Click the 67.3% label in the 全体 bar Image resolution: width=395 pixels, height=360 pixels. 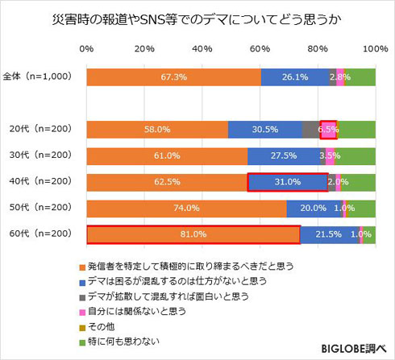(x=173, y=77)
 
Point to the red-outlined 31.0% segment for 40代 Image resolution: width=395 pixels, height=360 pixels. (x=287, y=182)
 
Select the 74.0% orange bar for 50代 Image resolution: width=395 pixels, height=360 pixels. (x=186, y=208)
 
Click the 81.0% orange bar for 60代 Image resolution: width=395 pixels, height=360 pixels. (x=193, y=234)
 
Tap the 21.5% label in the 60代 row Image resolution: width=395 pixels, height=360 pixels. (x=326, y=234)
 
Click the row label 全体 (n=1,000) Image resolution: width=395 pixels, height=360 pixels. (x=38, y=77)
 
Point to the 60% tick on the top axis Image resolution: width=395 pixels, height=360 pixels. (x=260, y=49)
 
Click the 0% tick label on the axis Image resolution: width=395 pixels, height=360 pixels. (x=87, y=49)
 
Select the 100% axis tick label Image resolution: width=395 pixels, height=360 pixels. (x=373, y=49)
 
